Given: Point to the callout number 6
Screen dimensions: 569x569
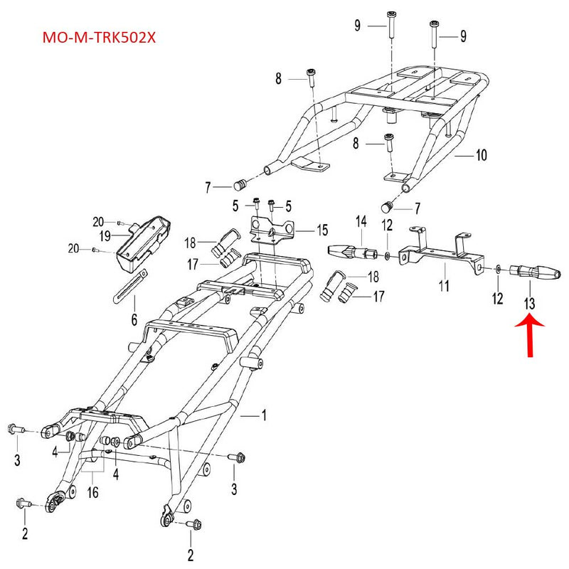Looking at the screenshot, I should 133,320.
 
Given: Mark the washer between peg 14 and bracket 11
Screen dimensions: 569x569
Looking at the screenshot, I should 386,254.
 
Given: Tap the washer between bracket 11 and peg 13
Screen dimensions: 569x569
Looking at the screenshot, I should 499,269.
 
